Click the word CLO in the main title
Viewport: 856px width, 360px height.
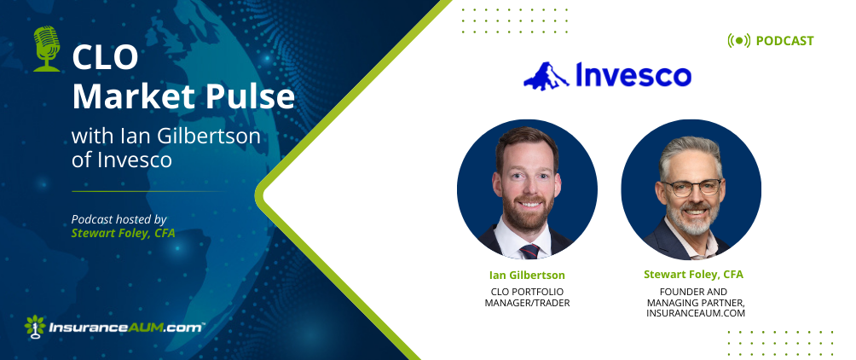pos(100,59)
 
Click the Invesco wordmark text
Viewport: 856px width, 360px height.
pos(632,76)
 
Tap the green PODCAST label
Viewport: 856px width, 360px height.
pos(784,41)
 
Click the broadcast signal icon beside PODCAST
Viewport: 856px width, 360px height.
pos(738,41)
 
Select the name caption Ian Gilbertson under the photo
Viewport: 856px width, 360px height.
pos(527,275)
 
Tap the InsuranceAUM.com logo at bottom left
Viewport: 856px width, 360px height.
pos(114,325)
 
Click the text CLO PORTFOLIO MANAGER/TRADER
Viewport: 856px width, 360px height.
pos(527,296)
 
